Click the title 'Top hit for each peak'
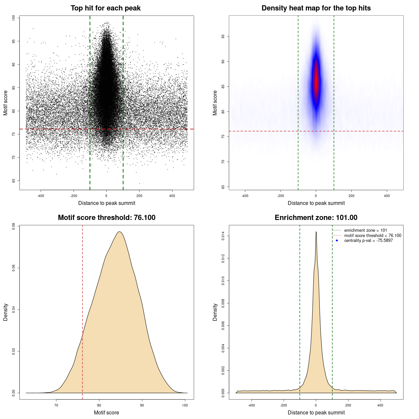(105, 8)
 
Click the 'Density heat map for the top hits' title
(316, 8)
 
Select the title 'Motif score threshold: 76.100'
(106, 218)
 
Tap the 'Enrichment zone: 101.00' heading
(316, 218)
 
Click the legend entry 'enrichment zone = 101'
(365, 230)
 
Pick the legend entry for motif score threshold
(373, 236)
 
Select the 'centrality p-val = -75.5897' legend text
(368, 241)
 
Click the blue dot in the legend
(337, 241)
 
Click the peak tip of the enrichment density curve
(316, 232)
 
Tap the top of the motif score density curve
(119, 232)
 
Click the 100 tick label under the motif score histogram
(185, 405)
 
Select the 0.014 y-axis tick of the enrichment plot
(223, 236)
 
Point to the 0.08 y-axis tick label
(13, 226)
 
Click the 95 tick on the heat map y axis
(223, 36)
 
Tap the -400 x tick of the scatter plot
(41, 196)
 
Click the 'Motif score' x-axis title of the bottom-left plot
(106, 412)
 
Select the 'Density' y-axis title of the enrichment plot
(215, 312)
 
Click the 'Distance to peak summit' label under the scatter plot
(107, 203)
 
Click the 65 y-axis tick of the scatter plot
(13, 181)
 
